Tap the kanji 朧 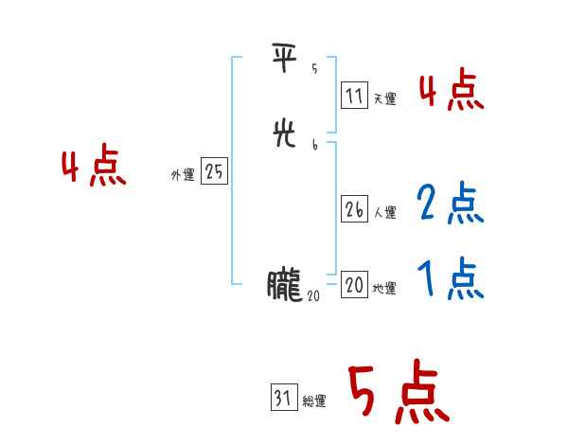[284, 285]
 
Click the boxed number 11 [354, 96]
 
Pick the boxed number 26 [354, 210]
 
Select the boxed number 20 [354, 285]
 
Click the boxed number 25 [215, 172]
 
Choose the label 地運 [384, 288]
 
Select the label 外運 [183, 175]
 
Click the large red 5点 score [398, 393]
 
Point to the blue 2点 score [451, 203]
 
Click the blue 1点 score [451, 277]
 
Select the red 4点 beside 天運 [451, 91]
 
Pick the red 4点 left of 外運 [94, 169]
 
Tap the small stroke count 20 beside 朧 [313, 295]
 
